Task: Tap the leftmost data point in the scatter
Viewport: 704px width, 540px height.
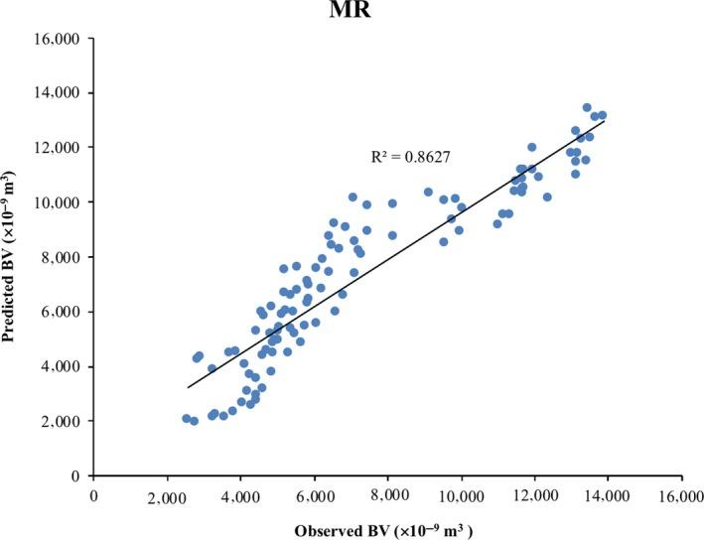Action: [187, 419]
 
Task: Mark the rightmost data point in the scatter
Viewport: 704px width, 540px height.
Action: [602, 115]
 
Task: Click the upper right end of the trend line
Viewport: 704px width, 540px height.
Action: [605, 119]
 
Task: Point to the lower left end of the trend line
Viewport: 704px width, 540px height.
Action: [187, 387]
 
